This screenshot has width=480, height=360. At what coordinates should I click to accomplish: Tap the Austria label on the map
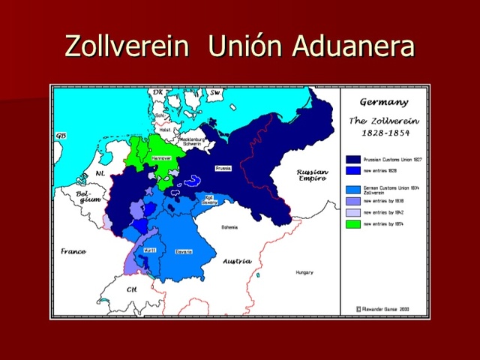pyautogui.click(x=237, y=261)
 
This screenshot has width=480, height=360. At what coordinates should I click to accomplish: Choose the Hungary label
pyautogui.click(x=304, y=272)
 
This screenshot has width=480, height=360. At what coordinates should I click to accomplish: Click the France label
pyautogui.click(x=73, y=251)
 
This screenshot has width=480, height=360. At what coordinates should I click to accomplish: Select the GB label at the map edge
pyautogui.click(x=60, y=136)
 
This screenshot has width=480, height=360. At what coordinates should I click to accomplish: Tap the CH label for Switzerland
pyautogui.click(x=132, y=289)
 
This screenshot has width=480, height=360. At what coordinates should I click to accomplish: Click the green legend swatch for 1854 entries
pyautogui.click(x=352, y=225)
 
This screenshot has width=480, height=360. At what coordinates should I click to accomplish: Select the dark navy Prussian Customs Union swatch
pyautogui.click(x=352, y=159)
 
